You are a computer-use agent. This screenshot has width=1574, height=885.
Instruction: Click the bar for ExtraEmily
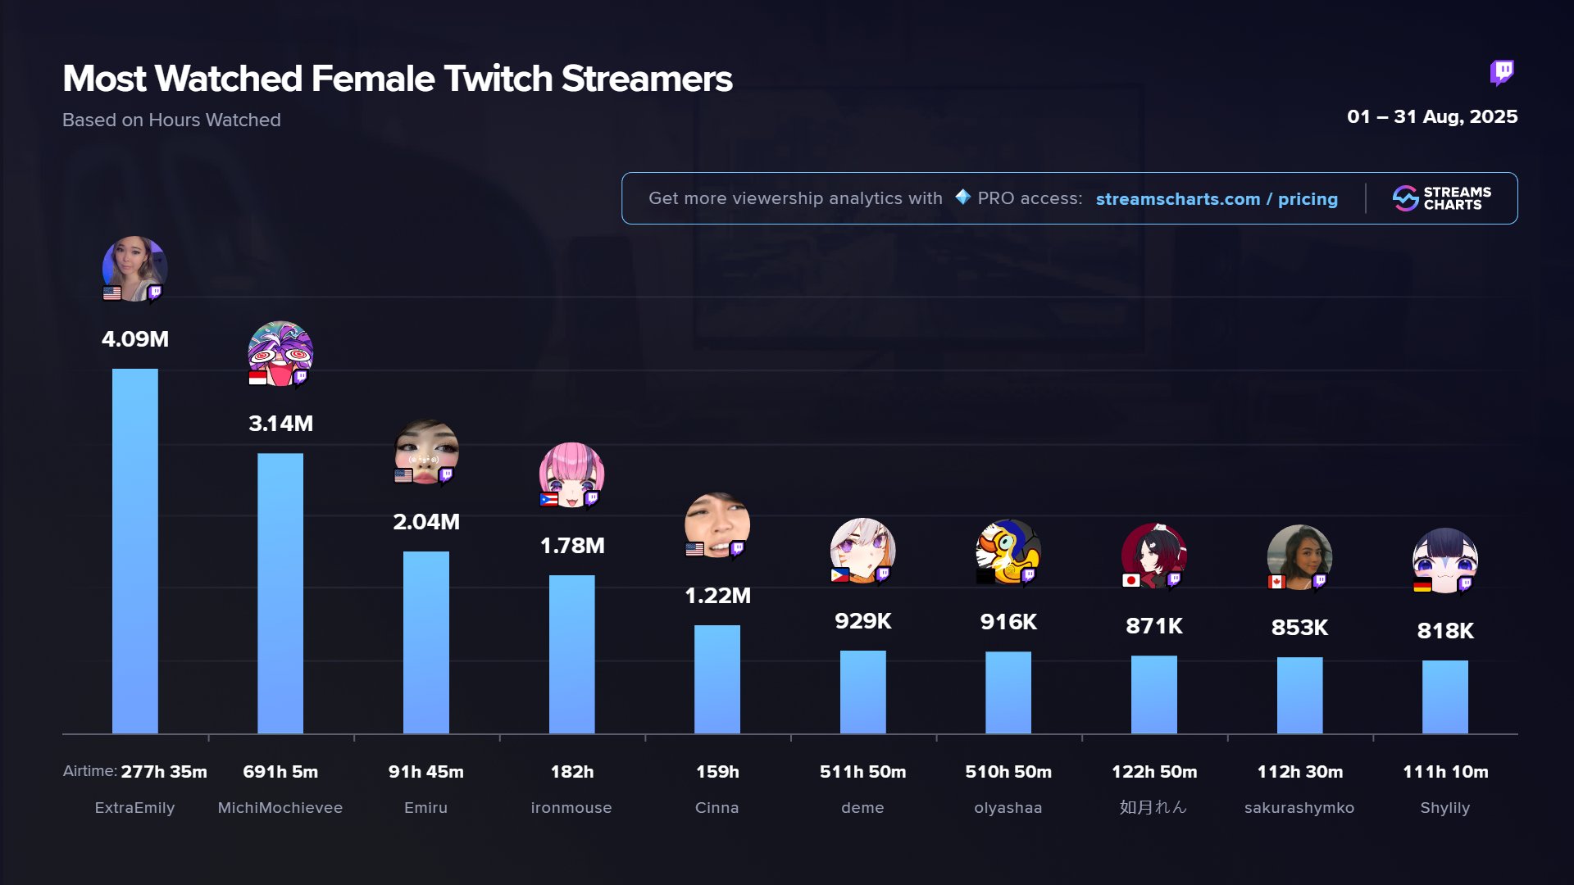click(134, 551)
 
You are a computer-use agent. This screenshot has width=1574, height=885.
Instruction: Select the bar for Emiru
click(425, 642)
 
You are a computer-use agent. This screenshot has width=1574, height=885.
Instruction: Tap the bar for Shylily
click(1444, 697)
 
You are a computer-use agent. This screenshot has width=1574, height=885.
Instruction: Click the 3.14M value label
click(280, 424)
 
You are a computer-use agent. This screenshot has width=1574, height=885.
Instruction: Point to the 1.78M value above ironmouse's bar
click(571, 546)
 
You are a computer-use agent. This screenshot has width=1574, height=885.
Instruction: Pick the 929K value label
click(862, 621)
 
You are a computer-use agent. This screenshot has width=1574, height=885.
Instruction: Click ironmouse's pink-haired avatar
click(571, 474)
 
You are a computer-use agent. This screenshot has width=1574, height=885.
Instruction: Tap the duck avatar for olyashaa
click(1008, 551)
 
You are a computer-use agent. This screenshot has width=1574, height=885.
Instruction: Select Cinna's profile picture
click(717, 524)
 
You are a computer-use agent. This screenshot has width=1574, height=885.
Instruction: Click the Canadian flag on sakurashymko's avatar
click(1276, 582)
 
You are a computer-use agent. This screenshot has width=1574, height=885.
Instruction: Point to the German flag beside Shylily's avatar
click(1422, 585)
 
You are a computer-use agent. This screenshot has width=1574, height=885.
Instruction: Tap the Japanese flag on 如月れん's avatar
click(1131, 580)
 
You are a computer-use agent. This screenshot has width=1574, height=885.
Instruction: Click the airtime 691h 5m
click(280, 772)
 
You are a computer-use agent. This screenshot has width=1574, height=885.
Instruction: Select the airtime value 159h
click(717, 772)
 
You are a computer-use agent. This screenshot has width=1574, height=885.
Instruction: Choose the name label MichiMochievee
click(280, 808)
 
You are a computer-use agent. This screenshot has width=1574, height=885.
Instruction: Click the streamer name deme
click(862, 808)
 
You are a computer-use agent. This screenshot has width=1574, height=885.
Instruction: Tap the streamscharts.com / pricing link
click(1217, 199)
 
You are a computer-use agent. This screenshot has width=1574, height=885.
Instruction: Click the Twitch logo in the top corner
click(1502, 73)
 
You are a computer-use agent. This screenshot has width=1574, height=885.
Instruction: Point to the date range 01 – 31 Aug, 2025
click(1432, 116)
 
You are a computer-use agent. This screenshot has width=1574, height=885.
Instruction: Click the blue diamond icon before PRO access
click(963, 197)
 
